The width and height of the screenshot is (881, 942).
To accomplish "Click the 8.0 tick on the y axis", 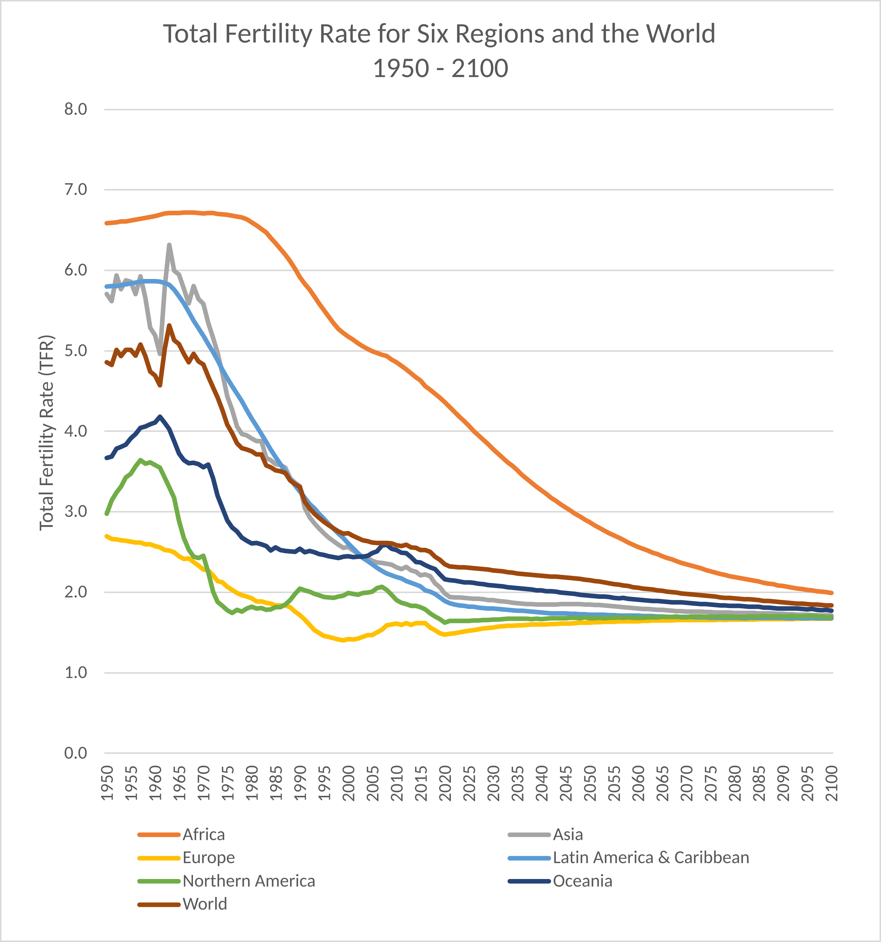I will pyautogui.click(x=76, y=109).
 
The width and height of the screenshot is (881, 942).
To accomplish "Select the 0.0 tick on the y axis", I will pyautogui.click(x=76, y=753).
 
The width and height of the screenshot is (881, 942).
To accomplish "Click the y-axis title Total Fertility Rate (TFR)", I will pyautogui.click(x=46, y=433).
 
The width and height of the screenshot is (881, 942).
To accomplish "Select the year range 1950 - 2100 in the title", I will pyautogui.click(x=440, y=68).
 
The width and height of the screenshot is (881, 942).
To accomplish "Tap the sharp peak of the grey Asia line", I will pyautogui.click(x=169, y=245).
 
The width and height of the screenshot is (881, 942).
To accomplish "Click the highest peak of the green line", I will pyautogui.click(x=140, y=460).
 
